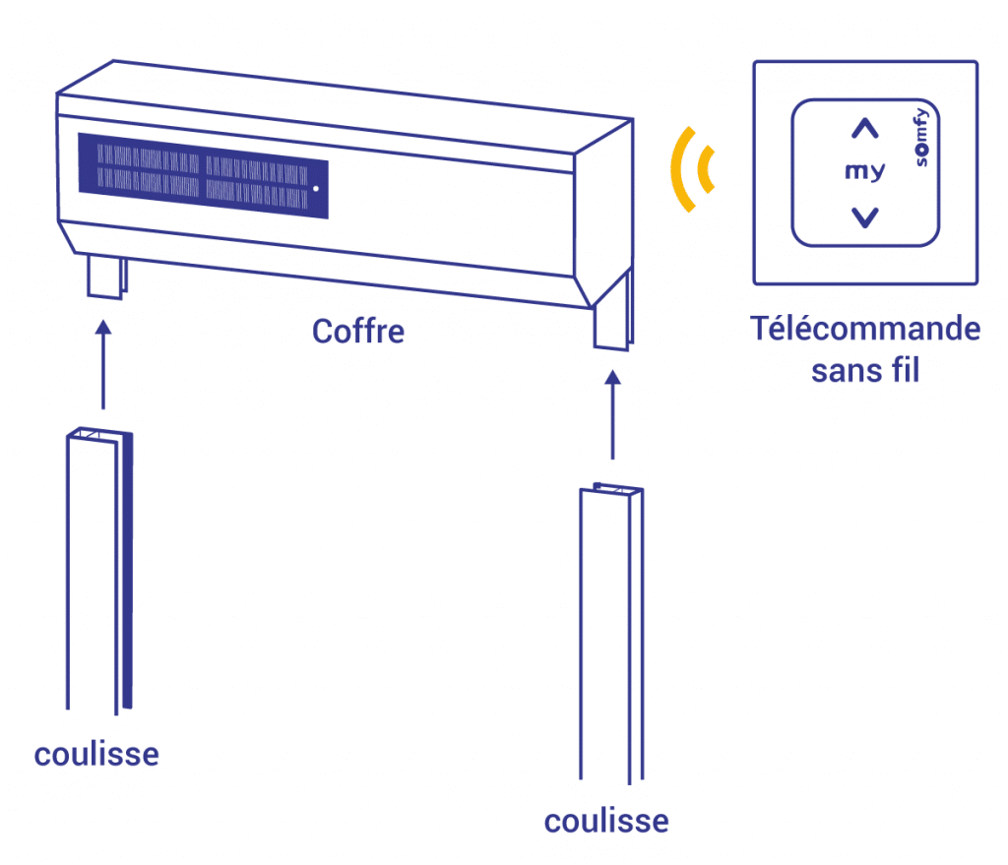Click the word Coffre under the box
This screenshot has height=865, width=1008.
click(x=358, y=332)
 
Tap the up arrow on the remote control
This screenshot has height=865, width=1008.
click(x=864, y=129)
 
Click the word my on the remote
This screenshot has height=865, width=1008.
click(x=864, y=171)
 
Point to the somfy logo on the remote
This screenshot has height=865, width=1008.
click(x=921, y=138)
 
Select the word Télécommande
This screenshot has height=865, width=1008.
click(x=865, y=329)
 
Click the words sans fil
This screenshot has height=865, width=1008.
click(x=865, y=371)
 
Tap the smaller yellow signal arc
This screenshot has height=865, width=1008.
click(x=705, y=169)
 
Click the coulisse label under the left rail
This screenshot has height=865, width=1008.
click(x=96, y=755)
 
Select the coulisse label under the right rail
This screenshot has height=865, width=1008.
click(x=606, y=822)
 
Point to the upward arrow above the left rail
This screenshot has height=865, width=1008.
click(x=102, y=364)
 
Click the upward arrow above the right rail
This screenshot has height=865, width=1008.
click(x=612, y=414)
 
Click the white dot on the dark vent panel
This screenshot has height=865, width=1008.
click(x=316, y=189)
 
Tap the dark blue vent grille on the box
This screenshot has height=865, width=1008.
click(x=203, y=175)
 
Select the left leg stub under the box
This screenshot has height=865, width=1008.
click(x=106, y=277)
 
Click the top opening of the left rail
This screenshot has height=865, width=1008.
click(x=99, y=434)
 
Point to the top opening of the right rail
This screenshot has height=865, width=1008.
click(x=611, y=490)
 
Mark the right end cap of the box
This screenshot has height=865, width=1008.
click(x=603, y=213)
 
